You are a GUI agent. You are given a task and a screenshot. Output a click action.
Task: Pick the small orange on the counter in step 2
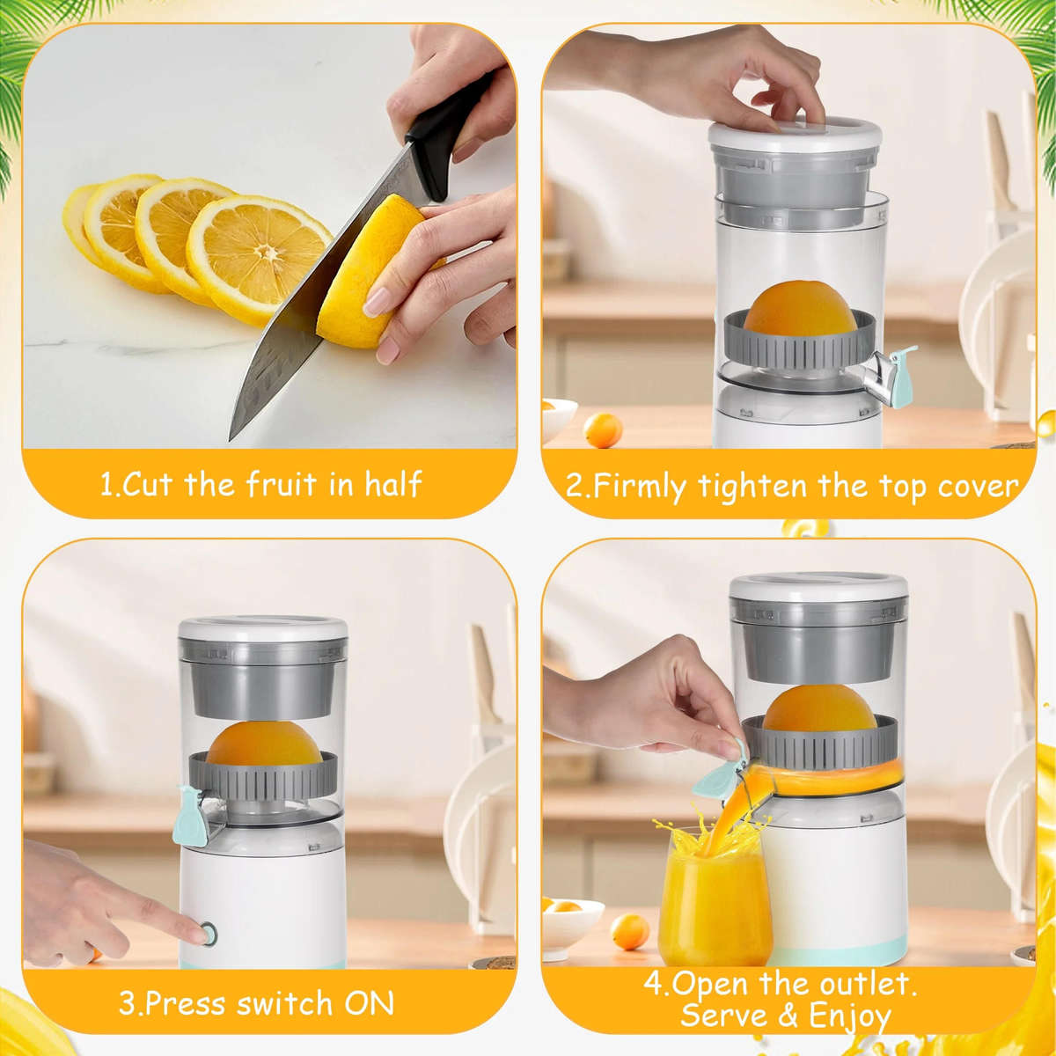click(x=603, y=430)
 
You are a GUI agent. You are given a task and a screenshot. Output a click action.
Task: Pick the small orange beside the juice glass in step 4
click(x=629, y=931)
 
